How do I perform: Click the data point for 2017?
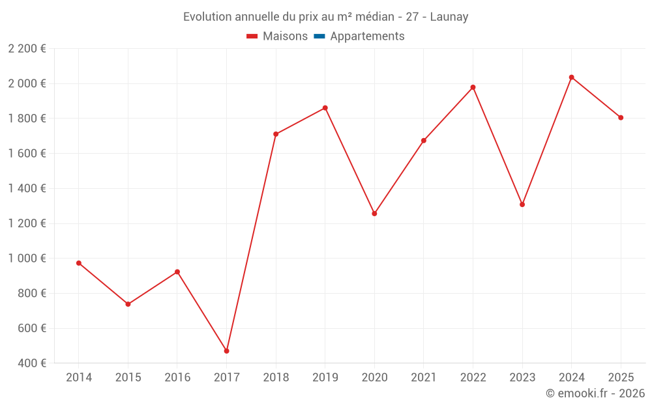(226, 351)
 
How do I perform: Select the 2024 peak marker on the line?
(571, 77)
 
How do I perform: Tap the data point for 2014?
(79, 263)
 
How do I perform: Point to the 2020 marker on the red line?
(374, 214)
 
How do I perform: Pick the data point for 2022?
(473, 87)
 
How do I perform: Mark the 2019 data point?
(325, 108)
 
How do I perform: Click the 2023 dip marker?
(522, 204)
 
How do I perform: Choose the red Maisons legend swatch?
(252, 36)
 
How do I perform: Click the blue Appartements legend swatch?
(319, 36)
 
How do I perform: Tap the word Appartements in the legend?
(367, 36)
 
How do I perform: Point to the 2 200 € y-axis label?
(27, 49)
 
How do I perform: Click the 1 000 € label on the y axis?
(27, 259)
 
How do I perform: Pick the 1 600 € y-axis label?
(27, 154)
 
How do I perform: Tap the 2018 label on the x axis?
(276, 378)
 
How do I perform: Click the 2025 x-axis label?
(621, 378)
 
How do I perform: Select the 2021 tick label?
(424, 378)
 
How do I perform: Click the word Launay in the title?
(449, 17)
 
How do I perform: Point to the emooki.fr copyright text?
(595, 393)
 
